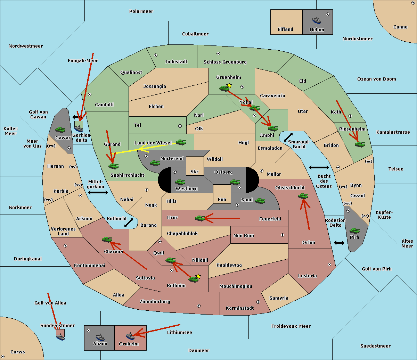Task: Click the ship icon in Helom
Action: pos(317,20)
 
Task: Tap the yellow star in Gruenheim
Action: pos(229,85)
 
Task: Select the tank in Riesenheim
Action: pos(360,144)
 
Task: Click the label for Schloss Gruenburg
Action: pos(225,62)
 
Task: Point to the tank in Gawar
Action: pos(60,129)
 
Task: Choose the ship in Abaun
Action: pos(100,337)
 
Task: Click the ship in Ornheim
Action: pos(130,336)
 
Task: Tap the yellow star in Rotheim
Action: pos(198,276)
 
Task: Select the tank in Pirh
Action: pos(354,231)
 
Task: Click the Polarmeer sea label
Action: pos(141,11)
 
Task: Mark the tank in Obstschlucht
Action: pos(303,196)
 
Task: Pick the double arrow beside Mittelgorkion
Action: pos(98,192)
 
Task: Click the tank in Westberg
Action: pos(180,182)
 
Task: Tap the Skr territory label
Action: pos(195,171)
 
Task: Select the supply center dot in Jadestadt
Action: pos(156,55)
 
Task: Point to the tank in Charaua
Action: pos(107,239)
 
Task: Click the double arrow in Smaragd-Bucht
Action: pos(288,137)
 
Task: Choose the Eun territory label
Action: pos(222,199)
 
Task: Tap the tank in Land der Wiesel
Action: pos(181,142)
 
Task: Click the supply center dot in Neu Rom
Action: pos(283,235)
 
